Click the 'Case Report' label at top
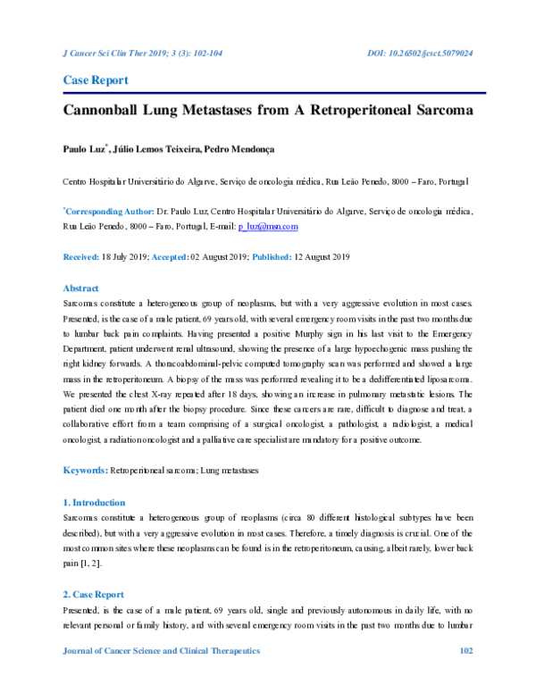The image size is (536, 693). tap(95, 80)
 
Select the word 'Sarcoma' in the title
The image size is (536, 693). tap(440, 113)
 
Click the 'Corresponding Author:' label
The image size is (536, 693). tap(109, 213)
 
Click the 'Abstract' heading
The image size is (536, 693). tap(80, 288)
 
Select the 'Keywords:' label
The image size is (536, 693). tap(84, 470)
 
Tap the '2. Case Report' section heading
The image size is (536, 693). tap(93, 594)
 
